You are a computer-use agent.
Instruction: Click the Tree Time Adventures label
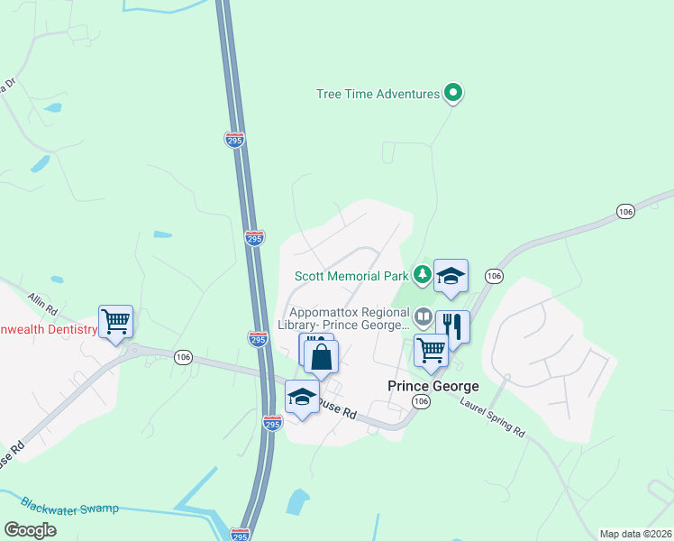coord(378,94)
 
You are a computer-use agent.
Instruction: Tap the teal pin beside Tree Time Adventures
coord(454,93)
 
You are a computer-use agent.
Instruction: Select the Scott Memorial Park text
coord(352,276)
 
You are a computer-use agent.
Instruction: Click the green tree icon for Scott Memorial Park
coord(422,273)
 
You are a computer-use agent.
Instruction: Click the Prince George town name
coord(433,386)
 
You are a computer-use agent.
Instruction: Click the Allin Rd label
coord(42,297)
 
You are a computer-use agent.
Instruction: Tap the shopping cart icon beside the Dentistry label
coord(116,322)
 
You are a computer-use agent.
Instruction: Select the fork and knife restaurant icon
coord(452,327)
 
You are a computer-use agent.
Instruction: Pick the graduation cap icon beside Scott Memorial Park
coord(451,276)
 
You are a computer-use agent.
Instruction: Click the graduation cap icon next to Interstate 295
coord(302,396)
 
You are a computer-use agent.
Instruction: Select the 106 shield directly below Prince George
coord(420,400)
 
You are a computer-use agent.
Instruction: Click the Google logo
coord(30,530)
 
